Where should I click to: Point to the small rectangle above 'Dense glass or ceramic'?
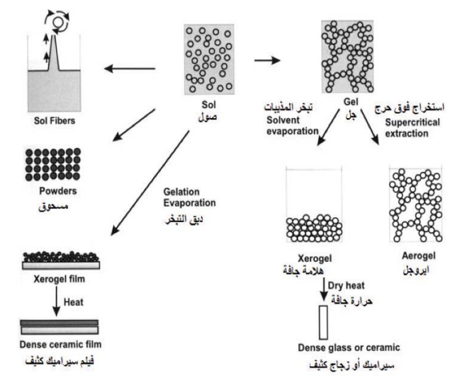[x=324, y=321]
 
